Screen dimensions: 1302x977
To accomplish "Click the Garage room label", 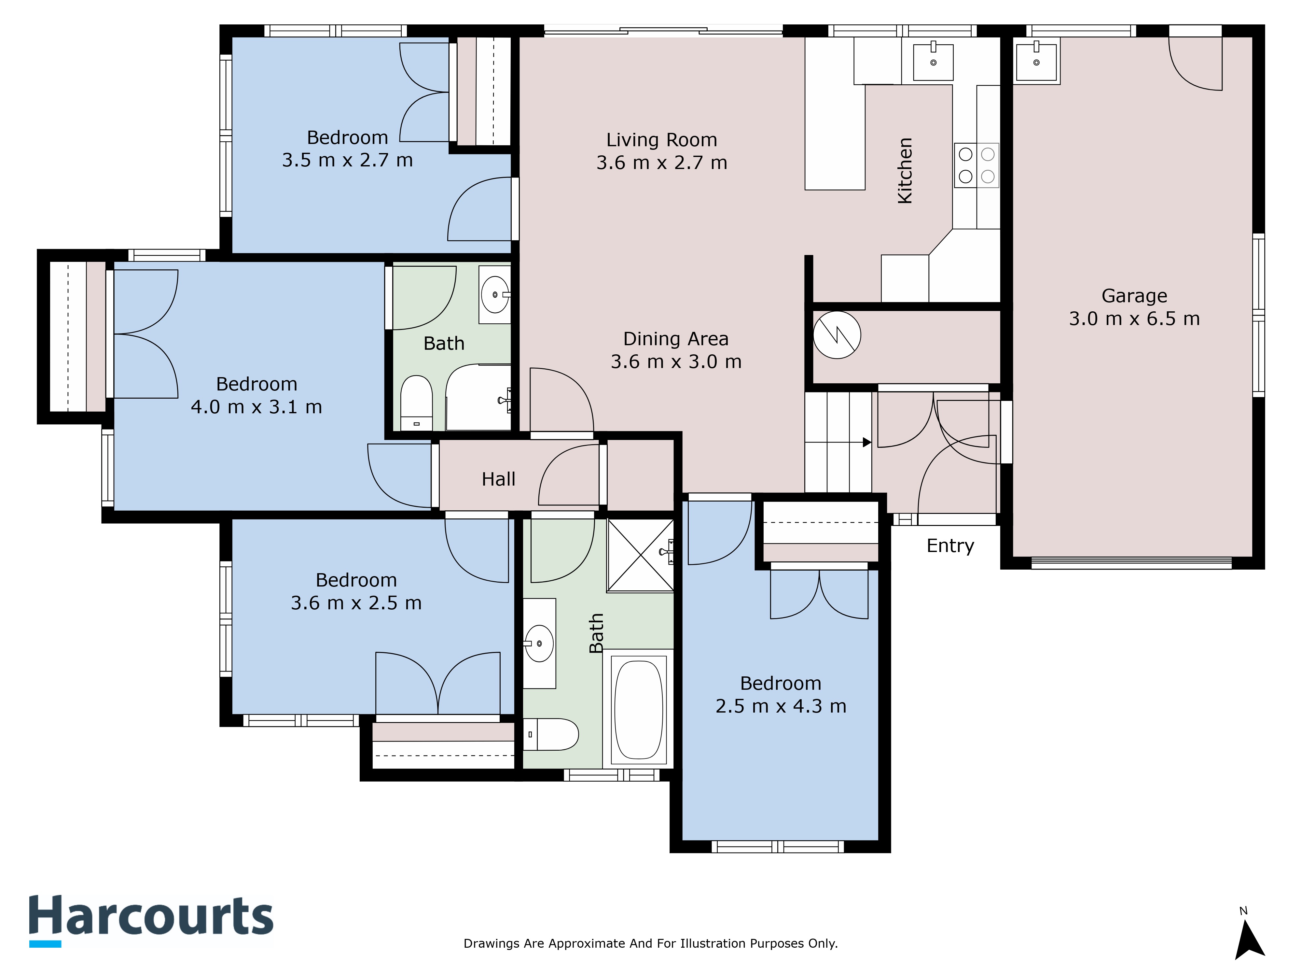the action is point(1134,296).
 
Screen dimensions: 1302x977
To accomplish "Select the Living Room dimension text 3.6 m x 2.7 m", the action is point(662,163).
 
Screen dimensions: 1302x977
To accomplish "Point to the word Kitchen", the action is point(905,171).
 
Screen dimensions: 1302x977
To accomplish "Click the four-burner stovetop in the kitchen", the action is point(976,165).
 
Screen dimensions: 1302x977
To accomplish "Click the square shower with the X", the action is point(640,555).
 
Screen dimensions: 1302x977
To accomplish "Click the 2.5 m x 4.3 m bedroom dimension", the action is point(781,706).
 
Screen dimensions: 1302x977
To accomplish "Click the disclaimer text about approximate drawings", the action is point(650,943).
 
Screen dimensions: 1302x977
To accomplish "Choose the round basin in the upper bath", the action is point(494,293).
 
